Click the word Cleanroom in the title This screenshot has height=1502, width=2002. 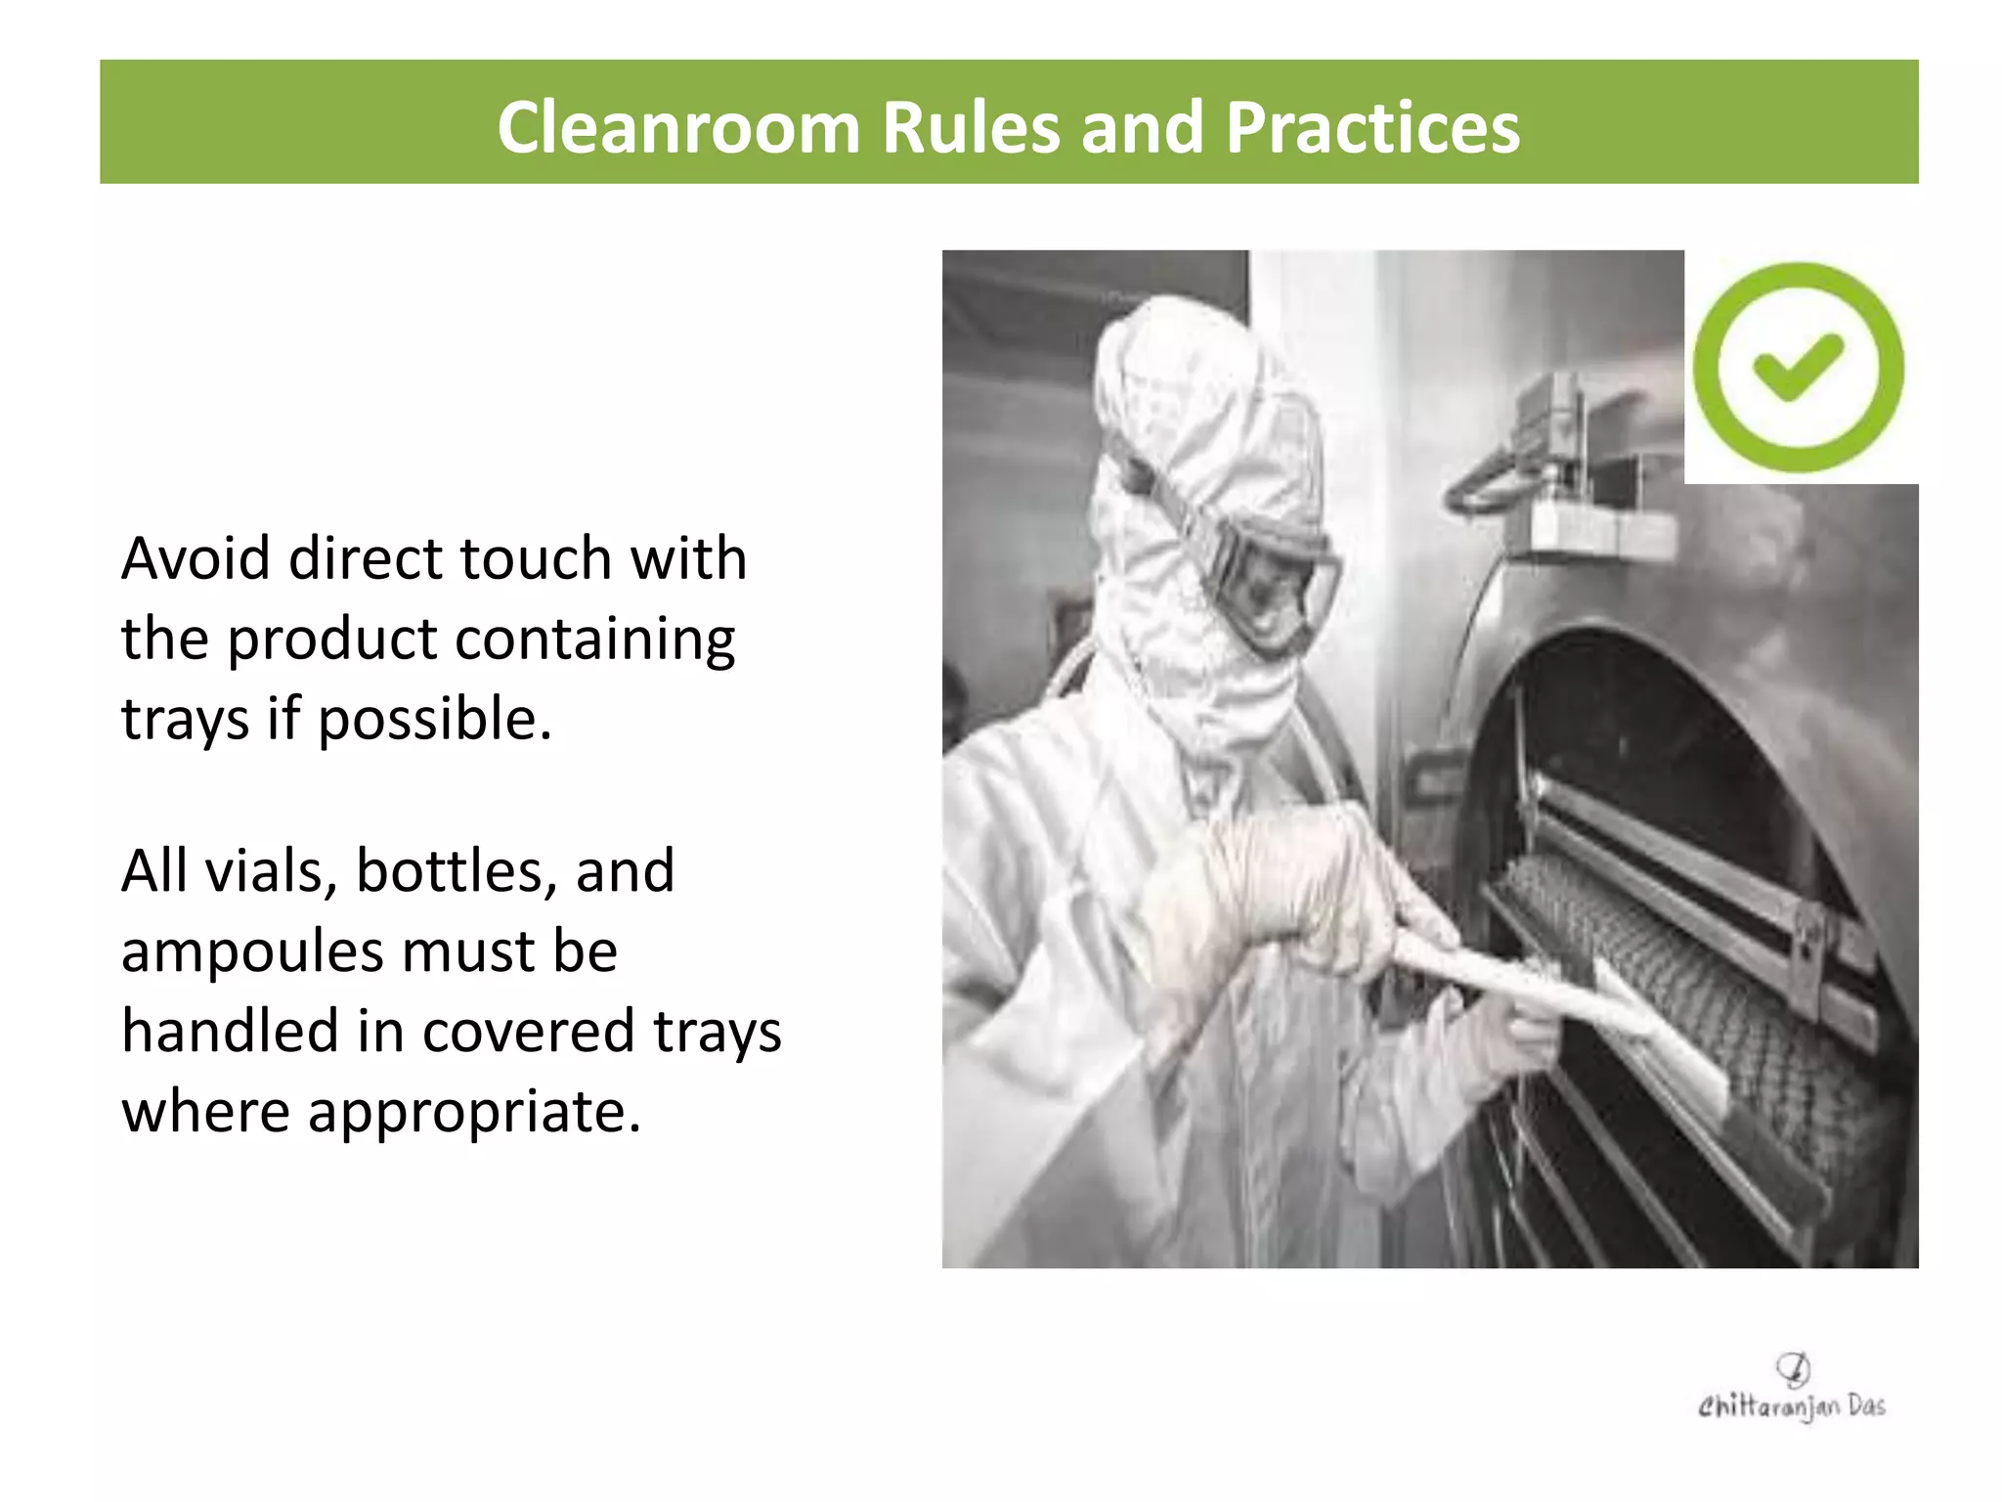point(677,128)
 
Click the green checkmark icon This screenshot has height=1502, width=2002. point(1798,368)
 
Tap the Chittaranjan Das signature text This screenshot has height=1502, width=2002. point(1791,1407)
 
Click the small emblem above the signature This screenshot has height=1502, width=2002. point(1793,1369)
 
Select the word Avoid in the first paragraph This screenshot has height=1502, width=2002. point(196,559)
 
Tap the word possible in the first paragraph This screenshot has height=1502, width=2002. point(434,721)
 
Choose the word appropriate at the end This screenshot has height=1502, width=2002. point(474,1113)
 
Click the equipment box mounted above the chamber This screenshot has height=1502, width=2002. point(1584,469)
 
